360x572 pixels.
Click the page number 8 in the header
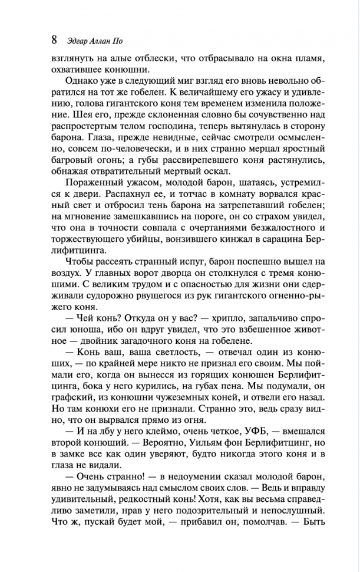point(54,40)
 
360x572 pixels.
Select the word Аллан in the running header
point(108,42)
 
